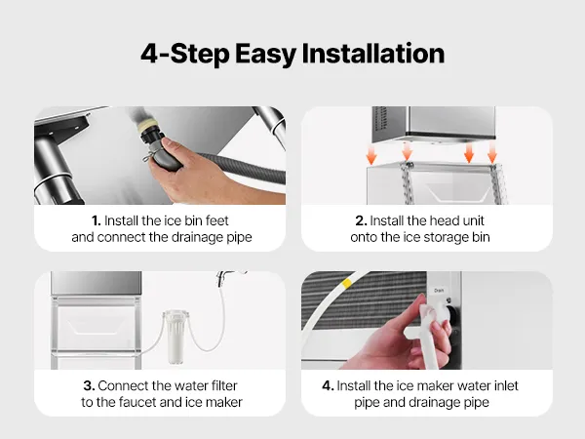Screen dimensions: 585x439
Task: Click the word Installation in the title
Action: tap(372, 53)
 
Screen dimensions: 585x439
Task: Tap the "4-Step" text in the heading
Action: tap(185, 54)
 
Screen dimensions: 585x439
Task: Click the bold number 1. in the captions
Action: tap(97, 220)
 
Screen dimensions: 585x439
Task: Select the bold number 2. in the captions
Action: tap(361, 220)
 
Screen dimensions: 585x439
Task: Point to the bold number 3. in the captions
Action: tap(89, 385)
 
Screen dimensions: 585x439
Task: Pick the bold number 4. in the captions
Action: tap(328, 385)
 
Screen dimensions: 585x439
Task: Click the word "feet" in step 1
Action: tap(216, 220)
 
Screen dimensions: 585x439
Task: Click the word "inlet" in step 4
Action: tap(506, 385)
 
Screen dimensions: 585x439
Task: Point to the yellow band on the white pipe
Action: tap(346, 283)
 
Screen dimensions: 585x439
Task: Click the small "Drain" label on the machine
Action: tap(439, 290)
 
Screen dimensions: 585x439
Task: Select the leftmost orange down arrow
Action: tap(371, 155)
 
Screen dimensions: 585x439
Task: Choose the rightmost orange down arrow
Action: tap(492, 154)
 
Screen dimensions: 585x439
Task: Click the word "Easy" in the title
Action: tap(265, 55)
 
